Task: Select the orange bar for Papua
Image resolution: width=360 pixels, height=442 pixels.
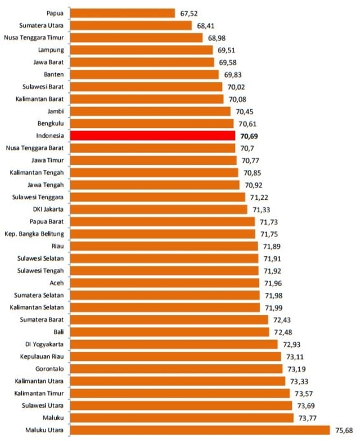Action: [x=123, y=13]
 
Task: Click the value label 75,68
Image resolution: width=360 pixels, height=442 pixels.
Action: [x=344, y=431]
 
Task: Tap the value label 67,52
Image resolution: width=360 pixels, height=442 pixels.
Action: [x=190, y=14]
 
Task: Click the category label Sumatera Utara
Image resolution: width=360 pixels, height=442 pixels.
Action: [x=41, y=25]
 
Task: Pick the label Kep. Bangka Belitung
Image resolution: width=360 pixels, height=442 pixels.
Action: [x=34, y=234]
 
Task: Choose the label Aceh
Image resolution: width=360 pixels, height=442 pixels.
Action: [x=57, y=283]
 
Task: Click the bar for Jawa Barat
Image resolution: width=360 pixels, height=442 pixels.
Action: [x=143, y=62]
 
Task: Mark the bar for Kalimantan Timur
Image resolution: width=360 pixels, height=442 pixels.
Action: [x=180, y=393]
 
